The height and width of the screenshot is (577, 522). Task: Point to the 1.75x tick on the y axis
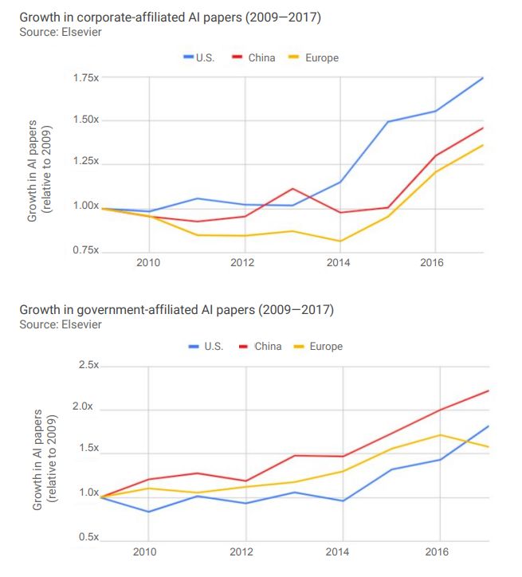(84, 77)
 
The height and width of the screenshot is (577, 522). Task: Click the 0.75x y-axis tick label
(84, 250)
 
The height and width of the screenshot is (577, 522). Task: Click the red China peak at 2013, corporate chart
(292, 189)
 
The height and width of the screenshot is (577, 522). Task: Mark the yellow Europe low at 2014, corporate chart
(340, 241)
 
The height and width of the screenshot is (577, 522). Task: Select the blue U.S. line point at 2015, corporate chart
(388, 122)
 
